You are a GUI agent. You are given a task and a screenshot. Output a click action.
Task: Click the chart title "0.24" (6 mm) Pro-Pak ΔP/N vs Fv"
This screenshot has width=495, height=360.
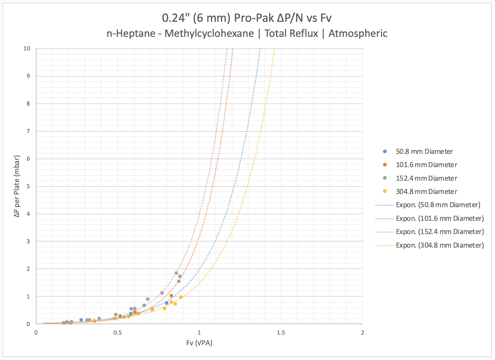coord(247,18)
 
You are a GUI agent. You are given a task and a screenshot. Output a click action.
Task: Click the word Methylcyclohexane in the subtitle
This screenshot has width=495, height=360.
coord(209,34)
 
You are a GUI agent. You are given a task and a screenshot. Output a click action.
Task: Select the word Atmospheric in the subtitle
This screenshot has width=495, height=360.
coord(358,34)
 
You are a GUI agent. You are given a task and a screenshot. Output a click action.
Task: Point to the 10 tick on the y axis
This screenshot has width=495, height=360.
coord(27,49)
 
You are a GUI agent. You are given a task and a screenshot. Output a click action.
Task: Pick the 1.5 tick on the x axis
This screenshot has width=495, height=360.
coord(281,333)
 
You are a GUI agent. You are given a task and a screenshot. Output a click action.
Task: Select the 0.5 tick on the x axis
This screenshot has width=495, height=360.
coord(118,333)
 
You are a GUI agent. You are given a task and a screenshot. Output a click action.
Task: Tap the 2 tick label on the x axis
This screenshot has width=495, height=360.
coord(362,333)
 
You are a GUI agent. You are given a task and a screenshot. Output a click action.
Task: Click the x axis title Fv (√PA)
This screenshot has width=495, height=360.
coord(199,343)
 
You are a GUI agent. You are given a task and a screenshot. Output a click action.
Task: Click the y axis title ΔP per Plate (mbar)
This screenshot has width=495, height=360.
coord(17,186)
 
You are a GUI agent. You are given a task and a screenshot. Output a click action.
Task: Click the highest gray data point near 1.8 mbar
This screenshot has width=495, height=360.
coord(176,273)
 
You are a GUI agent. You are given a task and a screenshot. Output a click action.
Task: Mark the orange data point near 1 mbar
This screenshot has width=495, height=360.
coord(171,296)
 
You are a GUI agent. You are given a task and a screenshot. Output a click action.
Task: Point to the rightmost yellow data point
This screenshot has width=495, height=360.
coord(181,297)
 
